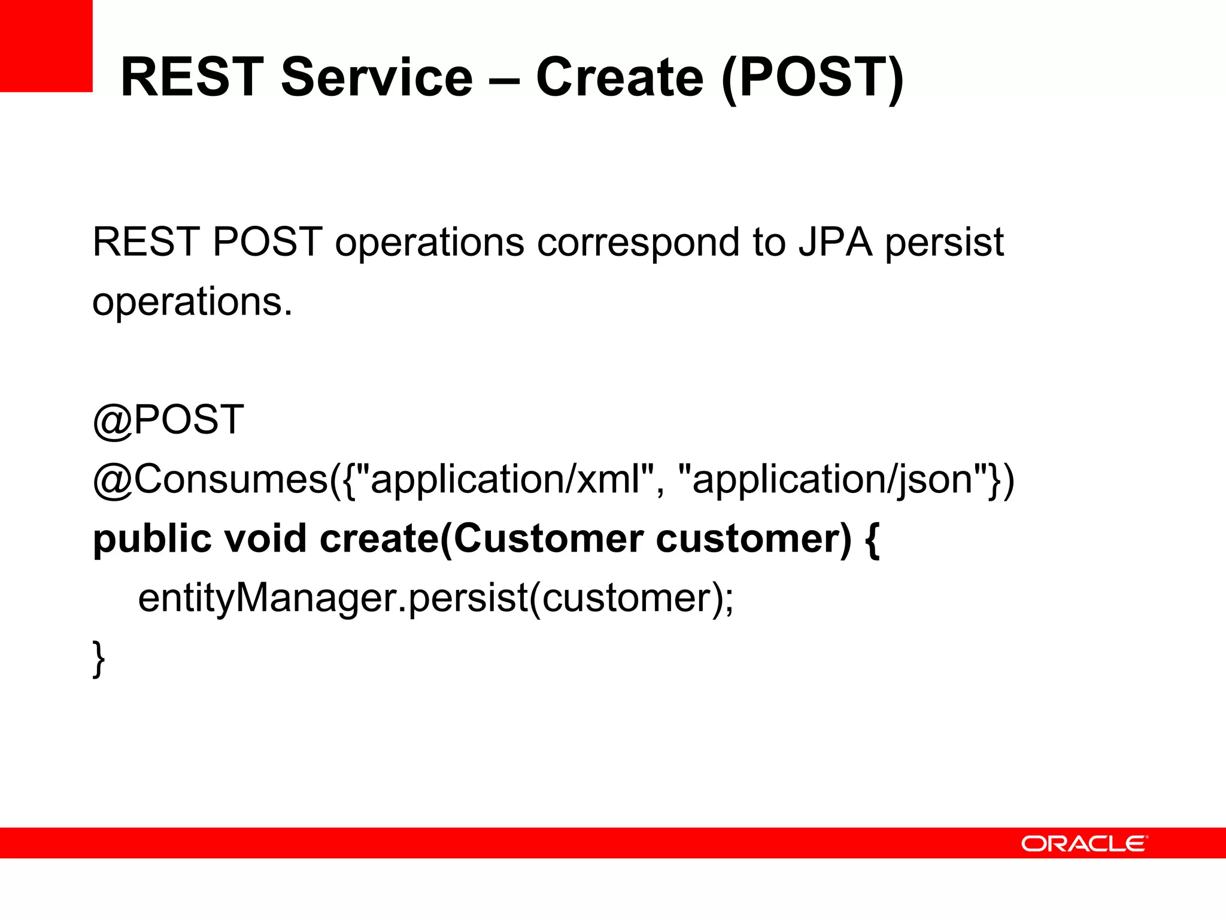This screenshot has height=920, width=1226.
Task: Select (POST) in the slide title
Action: coord(812,78)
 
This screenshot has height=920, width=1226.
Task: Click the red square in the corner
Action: coord(46,46)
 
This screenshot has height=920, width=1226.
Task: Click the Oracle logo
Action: coord(1084,843)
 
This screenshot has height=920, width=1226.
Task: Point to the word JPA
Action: coord(834,242)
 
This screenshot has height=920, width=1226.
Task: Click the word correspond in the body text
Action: coord(638,243)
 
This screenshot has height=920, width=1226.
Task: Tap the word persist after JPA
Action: coord(944,242)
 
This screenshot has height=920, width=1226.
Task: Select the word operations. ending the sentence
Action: coord(192,302)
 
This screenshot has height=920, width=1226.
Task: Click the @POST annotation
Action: coord(168,419)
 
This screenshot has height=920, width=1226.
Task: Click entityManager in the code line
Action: coord(267,598)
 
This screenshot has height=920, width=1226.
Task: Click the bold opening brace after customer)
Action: coord(872,539)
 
